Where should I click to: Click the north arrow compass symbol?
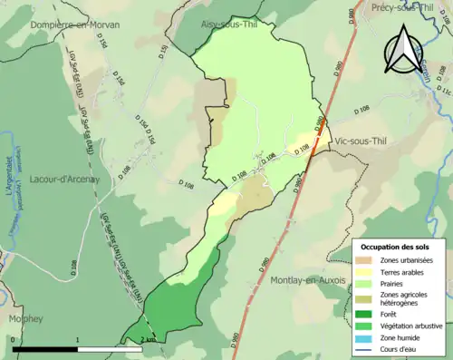coord(400,49)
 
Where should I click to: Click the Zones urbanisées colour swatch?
coord(366,261)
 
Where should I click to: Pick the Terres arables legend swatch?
coord(366,272)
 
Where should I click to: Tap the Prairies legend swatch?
coord(366,283)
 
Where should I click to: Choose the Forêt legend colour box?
coord(366,314)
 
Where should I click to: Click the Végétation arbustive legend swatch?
coord(366,325)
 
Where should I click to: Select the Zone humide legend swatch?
coord(366,336)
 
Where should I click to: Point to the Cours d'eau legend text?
coord(403,346)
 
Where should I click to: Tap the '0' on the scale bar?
coord(13,339)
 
